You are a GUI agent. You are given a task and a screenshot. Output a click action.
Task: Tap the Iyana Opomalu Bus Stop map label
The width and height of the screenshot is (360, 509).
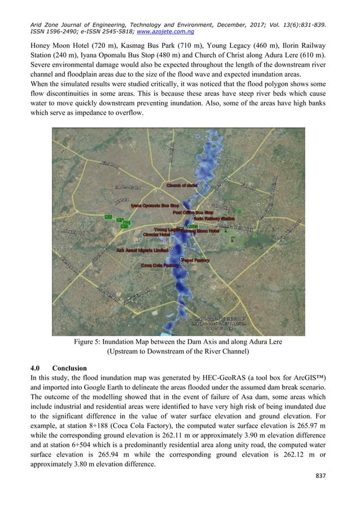(155, 206)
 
